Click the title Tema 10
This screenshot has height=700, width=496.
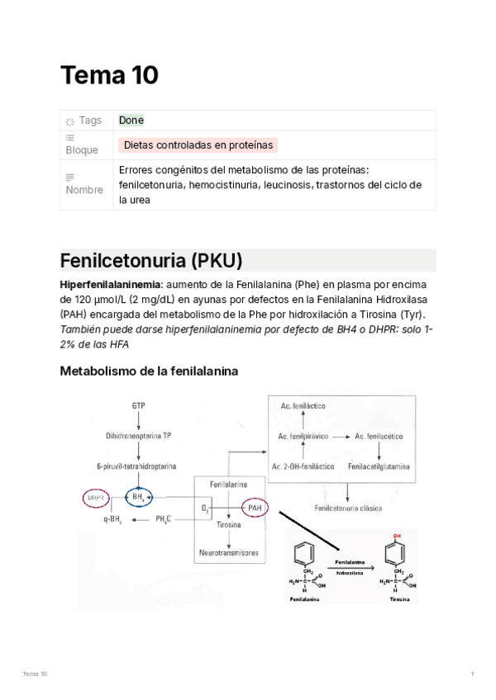click(x=109, y=76)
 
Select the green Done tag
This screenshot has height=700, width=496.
click(x=131, y=121)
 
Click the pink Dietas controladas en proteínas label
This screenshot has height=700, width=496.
click(x=198, y=145)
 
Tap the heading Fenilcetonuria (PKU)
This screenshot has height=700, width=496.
click(x=150, y=261)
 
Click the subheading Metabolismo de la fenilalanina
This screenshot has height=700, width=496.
click(x=149, y=371)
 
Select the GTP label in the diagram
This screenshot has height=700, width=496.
click(x=138, y=405)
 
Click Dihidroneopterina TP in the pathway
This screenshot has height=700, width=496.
click(x=138, y=435)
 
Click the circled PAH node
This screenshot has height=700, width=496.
click(x=255, y=508)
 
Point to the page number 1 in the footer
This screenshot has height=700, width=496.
click(x=472, y=674)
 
